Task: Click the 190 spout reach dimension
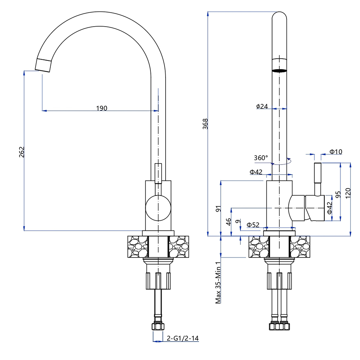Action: [102, 108]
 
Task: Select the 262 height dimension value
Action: [22, 152]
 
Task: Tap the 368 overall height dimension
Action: [206, 124]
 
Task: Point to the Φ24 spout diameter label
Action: [262, 106]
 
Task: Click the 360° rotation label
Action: [261, 158]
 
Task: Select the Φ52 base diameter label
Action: [253, 225]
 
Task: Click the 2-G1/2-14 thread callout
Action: [183, 338]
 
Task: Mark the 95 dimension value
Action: [338, 194]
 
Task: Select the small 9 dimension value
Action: [237, 222]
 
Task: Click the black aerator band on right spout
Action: [279, 71]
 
